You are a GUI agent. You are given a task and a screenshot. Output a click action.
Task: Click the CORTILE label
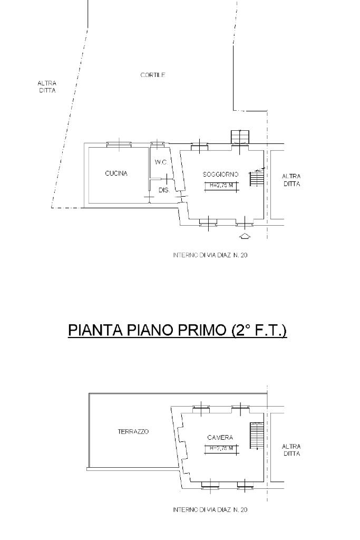[x=153, y=75]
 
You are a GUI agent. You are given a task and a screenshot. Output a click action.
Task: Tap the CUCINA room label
[x=116, y=173]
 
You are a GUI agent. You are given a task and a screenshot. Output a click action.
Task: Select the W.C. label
[x=161, y=162]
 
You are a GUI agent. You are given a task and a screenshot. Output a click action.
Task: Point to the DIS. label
[x=164, y=190]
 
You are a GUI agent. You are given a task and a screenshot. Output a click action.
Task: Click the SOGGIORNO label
[x=221, y=175]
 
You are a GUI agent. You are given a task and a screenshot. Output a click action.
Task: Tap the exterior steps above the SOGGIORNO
[x=240, y=137]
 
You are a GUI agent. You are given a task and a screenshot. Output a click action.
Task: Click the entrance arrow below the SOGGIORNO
[x=245, y=236]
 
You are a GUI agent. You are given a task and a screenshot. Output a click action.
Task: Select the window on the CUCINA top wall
[x=119, y=144]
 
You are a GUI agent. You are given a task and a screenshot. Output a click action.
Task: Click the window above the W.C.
[x=157, y=144]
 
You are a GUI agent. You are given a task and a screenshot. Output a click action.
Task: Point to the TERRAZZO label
[x=133, y=431]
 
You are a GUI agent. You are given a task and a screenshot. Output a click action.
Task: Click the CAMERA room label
[x=220, y=438]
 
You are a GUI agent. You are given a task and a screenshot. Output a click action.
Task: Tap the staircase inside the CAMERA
[x=257, y=435]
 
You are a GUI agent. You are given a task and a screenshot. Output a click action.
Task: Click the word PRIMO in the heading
[x=200, y=330]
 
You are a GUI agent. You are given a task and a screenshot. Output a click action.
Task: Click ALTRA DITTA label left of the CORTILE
[x=47, y=87]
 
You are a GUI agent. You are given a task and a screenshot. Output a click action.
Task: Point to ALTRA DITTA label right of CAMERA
[x=291, y=450]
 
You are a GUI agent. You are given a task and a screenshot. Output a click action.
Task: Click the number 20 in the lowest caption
[x=244, y=510]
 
